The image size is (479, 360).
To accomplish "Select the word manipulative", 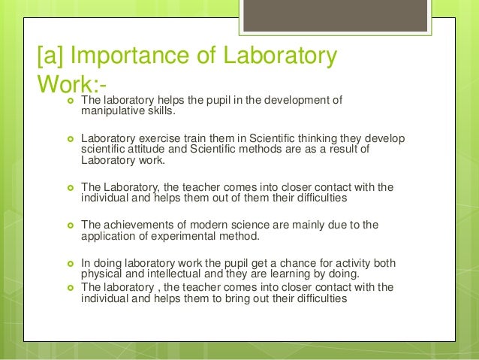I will click(113, 112).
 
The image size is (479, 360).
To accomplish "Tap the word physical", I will click(100, 274).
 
